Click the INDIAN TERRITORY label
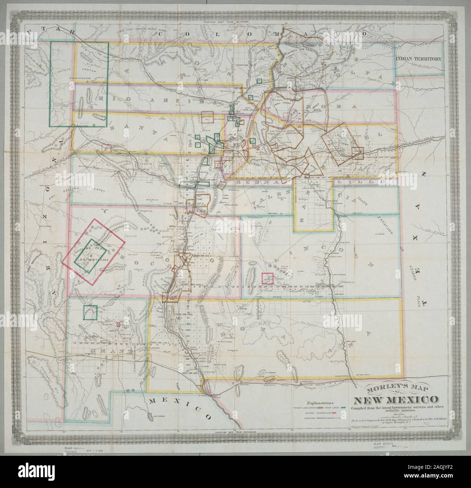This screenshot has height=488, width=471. click(x=419, y=59)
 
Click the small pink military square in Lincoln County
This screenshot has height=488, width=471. click(x=267, y=278)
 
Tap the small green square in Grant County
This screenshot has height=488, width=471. click(x=90, y=312)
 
